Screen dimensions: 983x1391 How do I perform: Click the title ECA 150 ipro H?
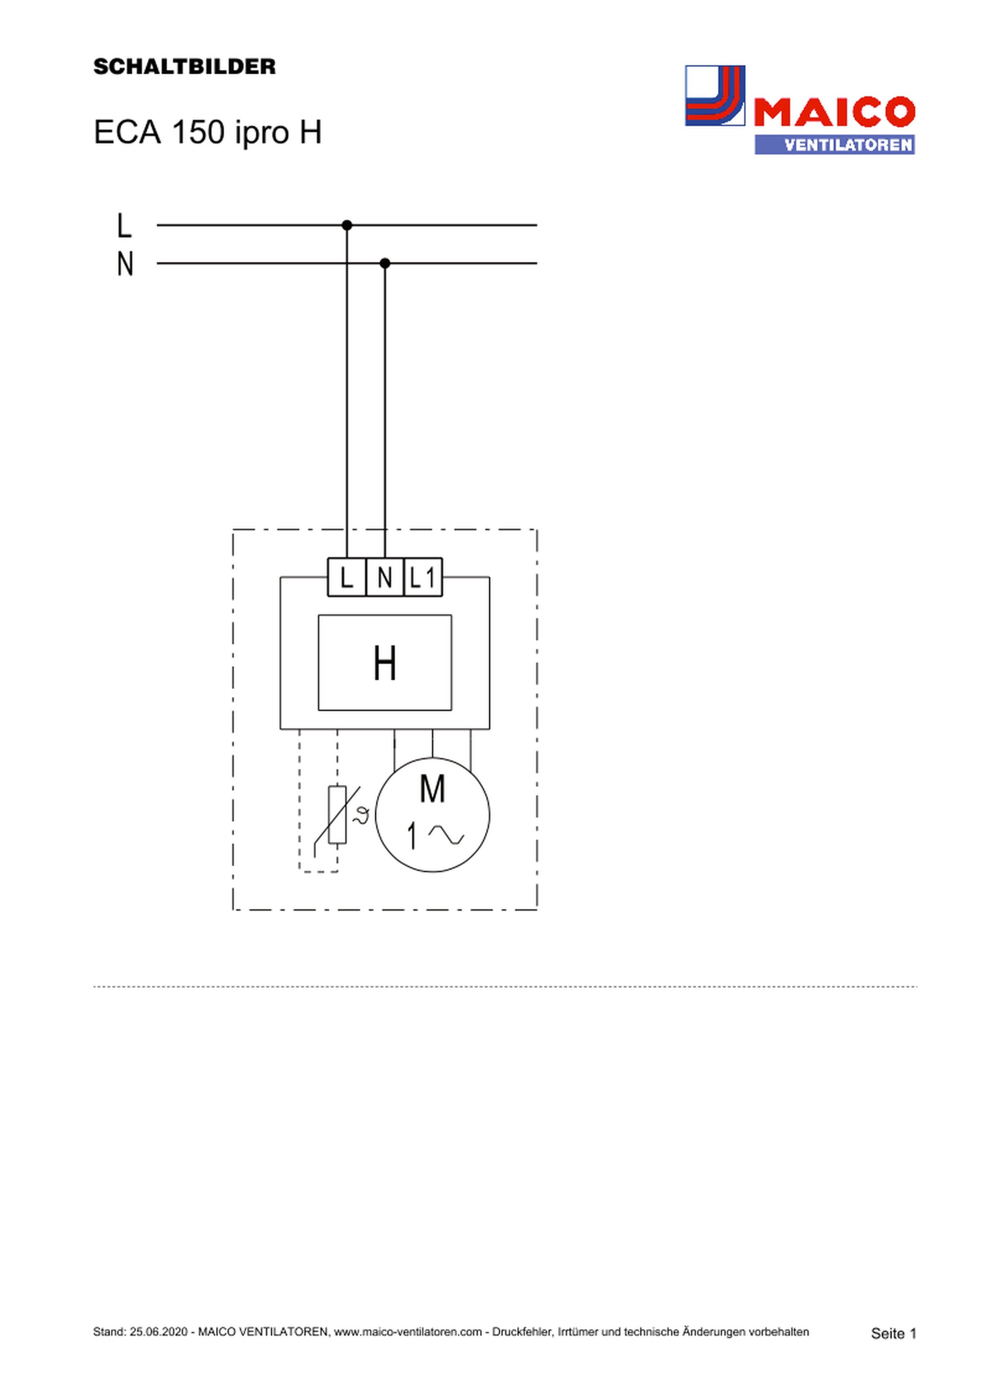207,132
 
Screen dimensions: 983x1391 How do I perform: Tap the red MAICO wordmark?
834,112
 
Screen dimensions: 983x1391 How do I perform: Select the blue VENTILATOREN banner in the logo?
834,145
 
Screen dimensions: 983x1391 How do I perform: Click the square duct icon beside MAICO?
715,96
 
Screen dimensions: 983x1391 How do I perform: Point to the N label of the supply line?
125,264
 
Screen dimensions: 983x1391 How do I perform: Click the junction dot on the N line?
385,263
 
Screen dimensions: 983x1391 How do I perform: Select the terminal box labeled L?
346,577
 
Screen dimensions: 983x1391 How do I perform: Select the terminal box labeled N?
385,577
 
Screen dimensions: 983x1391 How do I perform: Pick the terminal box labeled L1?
423,577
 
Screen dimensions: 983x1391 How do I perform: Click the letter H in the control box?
385,664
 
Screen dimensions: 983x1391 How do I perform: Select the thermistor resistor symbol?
337,815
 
